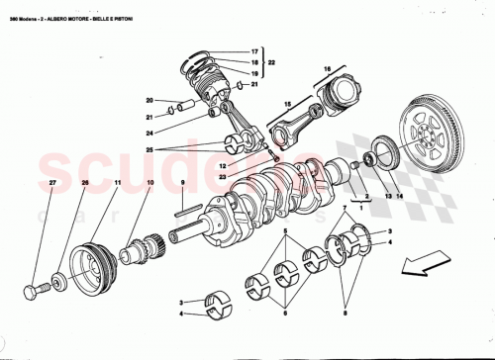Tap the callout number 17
tap(253, 50)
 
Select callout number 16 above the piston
tap(324, 69)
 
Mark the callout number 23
tap(224, 176)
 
